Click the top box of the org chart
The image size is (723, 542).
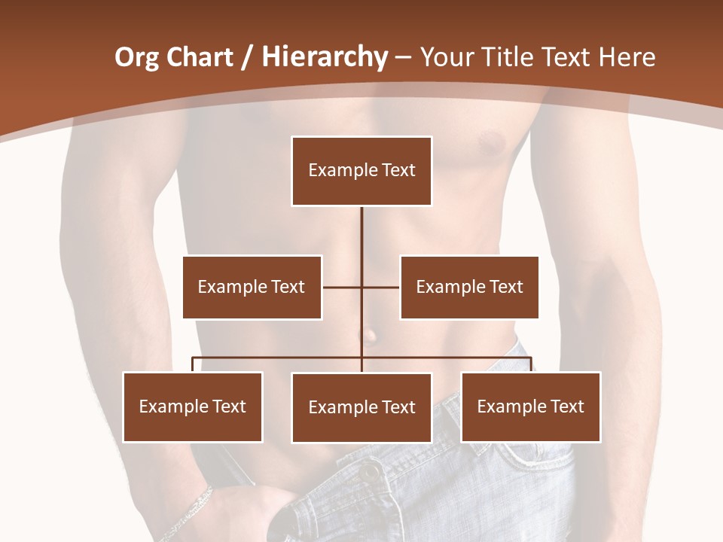coord(361,171)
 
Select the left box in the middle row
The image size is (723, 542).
coord(252,287)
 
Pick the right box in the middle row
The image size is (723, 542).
coord(469,287)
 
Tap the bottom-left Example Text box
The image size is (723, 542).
coord(193,406)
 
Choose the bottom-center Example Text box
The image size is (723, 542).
coord(361,407)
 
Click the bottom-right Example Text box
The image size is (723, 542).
coord(531,406)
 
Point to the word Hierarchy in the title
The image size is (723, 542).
coord(324,57)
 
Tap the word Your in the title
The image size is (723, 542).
coord(446,57)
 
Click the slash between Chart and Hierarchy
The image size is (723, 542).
coord(247,57)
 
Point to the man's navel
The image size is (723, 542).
coord(369,334)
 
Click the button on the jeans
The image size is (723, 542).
coord(370,473)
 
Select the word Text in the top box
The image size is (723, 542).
coord(398,170)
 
